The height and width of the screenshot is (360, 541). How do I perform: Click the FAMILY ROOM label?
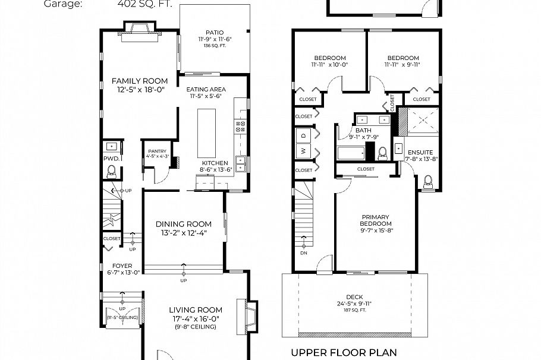pos(140,81)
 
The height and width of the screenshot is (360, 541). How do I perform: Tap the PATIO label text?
pos(215,33)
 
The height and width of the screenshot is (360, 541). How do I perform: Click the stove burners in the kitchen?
pos(241,126)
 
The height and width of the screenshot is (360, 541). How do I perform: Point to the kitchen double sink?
pos(241,163)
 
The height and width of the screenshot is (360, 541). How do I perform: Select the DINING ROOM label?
pos(184,224)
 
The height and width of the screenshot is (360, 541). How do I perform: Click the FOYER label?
pos(122,266)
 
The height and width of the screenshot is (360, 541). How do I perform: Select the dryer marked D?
pos(303,135)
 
